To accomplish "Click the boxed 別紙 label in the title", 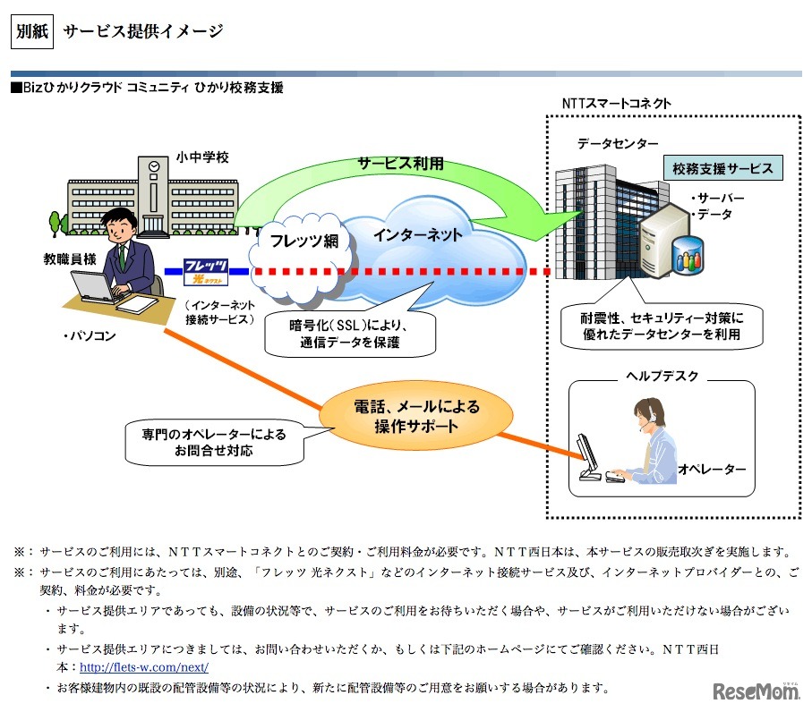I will (33, 32).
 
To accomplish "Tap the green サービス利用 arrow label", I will (400, 165).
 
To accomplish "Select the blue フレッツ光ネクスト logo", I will (205, 269).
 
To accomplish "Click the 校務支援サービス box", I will (722, 167).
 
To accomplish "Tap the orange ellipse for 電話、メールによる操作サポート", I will (417, 416).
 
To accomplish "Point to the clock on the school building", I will (155, 166).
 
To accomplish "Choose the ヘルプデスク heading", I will (662, 377).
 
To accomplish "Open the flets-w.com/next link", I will (144, 667).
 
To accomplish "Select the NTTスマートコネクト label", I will (616, 103).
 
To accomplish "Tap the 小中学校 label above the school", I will (203, 157).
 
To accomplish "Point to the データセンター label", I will (618, 143).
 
